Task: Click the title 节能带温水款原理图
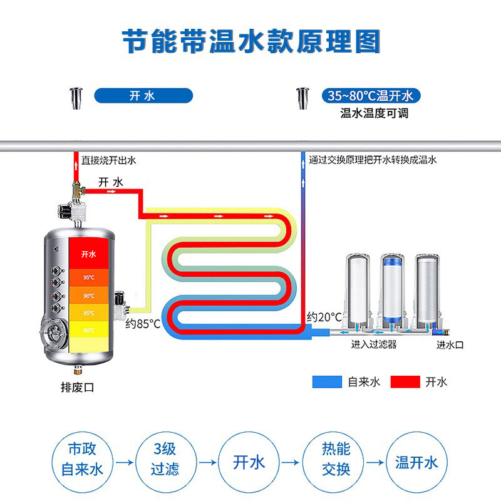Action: (x=250, y=41)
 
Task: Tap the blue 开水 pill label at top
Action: (x=143, y=96)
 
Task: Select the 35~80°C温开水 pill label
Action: (x=369, y=96)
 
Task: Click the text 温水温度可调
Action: (x=369, y=113)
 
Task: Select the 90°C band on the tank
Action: (x=88, y=296)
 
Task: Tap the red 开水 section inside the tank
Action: (x=88, y=254)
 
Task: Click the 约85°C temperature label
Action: (x=143, y=324)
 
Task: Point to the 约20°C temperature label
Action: (x=324, y=317)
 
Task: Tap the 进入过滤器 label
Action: (x=374, y=344)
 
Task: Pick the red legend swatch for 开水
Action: (x=405, y=381)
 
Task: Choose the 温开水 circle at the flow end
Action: (x=416, y=463)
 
